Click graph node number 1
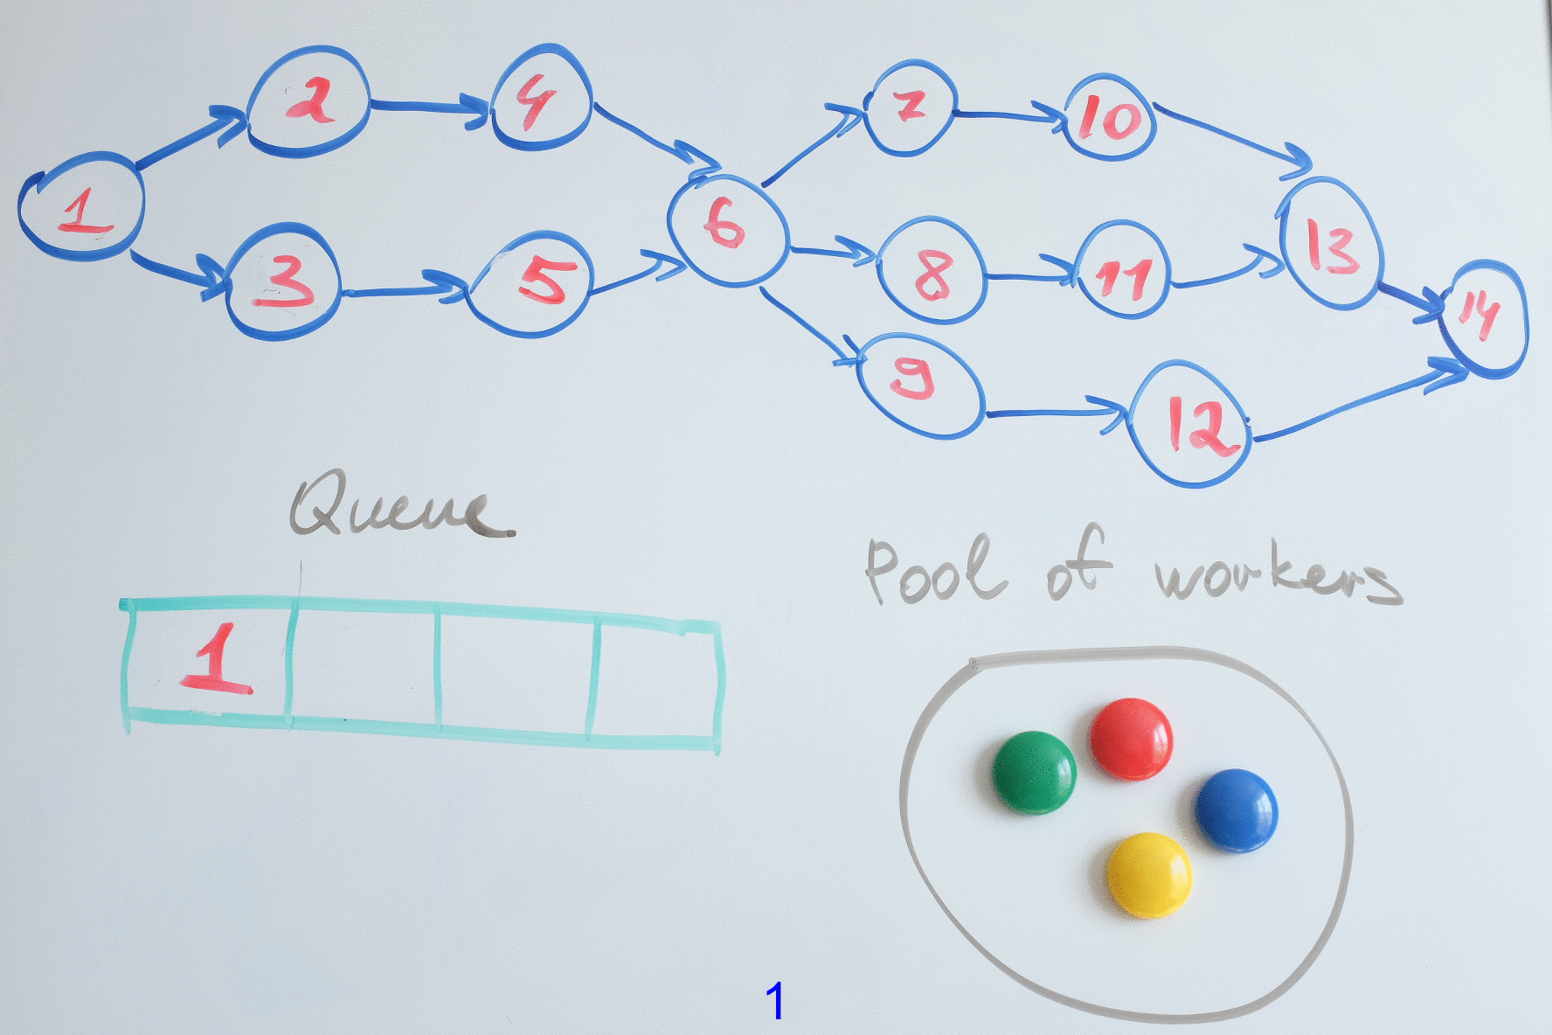[81, 207]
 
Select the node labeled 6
[728, 229]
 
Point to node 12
[1192, 423]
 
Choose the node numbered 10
[1110, 117]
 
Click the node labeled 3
[281, 281]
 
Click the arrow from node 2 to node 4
[428, 106]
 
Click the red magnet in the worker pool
[1131, 738]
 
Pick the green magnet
[1034, 772]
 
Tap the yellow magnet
[1147, 874]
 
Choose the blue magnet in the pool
[1236, 809]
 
